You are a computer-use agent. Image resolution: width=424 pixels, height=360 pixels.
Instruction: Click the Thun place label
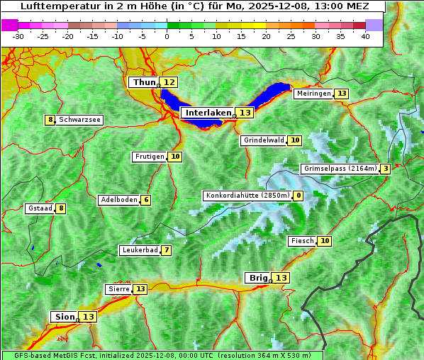click(x=144, y=83)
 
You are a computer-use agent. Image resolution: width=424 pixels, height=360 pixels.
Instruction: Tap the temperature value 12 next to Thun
click(x=169, y=83)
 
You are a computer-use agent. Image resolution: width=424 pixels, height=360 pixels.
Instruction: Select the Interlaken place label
click(x=208, y=113)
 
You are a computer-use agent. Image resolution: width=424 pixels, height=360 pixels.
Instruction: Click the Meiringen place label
click(x=313, y=94)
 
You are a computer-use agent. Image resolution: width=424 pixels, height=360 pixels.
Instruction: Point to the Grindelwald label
click(x=264, y=140)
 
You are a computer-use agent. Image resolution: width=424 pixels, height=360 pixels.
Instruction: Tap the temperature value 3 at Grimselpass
click(x=385, y=169)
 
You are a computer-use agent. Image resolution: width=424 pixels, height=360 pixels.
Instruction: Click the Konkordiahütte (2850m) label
click(x=247, y=196)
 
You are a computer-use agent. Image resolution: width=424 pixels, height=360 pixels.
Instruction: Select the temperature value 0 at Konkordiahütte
click(x=299, y=196)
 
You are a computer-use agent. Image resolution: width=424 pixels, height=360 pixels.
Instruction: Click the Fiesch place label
click(x=302, y=241)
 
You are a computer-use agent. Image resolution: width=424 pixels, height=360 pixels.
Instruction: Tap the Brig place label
click(x=257, y=278)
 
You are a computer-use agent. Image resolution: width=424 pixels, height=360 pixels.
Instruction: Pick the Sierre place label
click(x=118, y=289)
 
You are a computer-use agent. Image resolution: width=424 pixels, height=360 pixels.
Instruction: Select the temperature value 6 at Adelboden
click(x=146, y=200)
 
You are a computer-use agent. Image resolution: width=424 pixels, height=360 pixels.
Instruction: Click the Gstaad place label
click(x=40, y=208)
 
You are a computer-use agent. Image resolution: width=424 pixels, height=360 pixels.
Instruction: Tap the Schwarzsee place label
click(x=80, y=120)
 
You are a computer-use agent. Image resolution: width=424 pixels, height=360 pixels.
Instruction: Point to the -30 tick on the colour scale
click(x=18, y=35)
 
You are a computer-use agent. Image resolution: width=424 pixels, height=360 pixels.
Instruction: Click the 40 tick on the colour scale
click(x=365, y=35)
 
